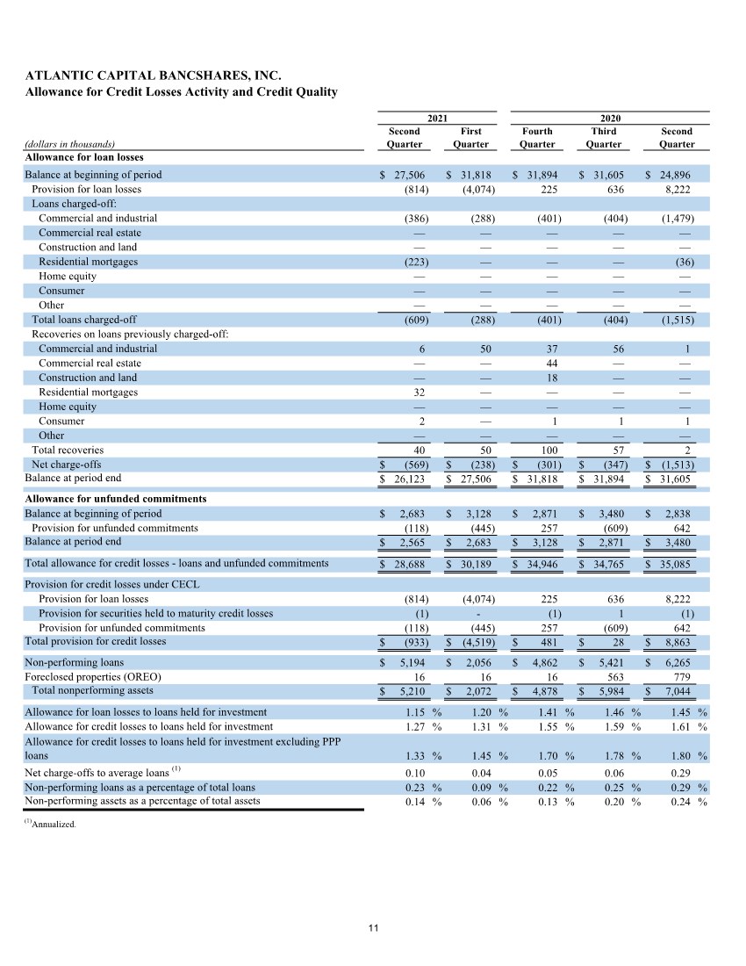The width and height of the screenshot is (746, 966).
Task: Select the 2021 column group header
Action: click(437, 117)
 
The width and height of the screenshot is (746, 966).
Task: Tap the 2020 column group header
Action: click(604, 117)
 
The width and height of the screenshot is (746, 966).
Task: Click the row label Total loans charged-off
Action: click(84, 320)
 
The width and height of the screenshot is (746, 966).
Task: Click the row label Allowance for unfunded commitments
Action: click(115, 499)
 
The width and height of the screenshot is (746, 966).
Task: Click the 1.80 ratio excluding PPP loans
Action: click(681, 755)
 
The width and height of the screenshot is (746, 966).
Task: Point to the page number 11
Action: click(373, 927)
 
